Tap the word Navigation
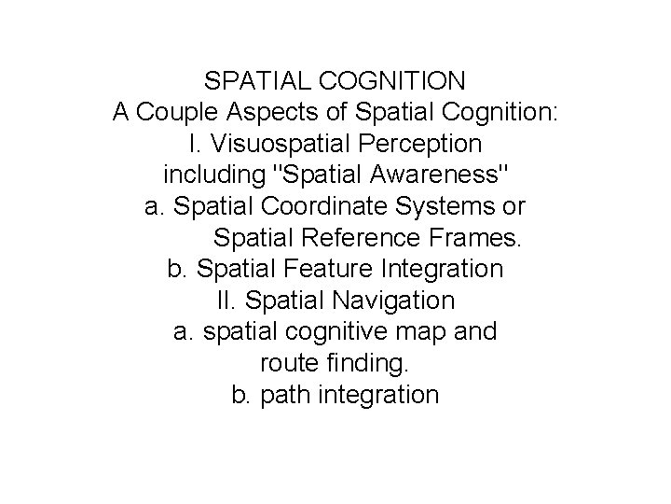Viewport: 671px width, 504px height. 390,301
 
